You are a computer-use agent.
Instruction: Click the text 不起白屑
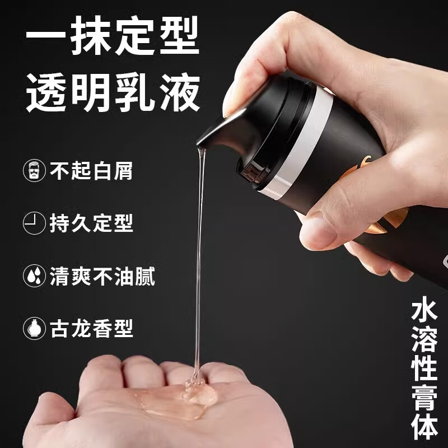pos(91,170)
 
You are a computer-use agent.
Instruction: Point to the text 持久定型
pos(91,223)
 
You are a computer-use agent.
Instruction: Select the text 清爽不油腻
pos(102,276)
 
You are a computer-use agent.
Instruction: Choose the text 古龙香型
pos(91,328)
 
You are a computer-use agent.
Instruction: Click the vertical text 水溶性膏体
pos(424,370)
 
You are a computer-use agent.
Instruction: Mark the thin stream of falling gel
pos(199,252)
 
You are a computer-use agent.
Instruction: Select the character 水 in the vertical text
pos(424,311)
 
